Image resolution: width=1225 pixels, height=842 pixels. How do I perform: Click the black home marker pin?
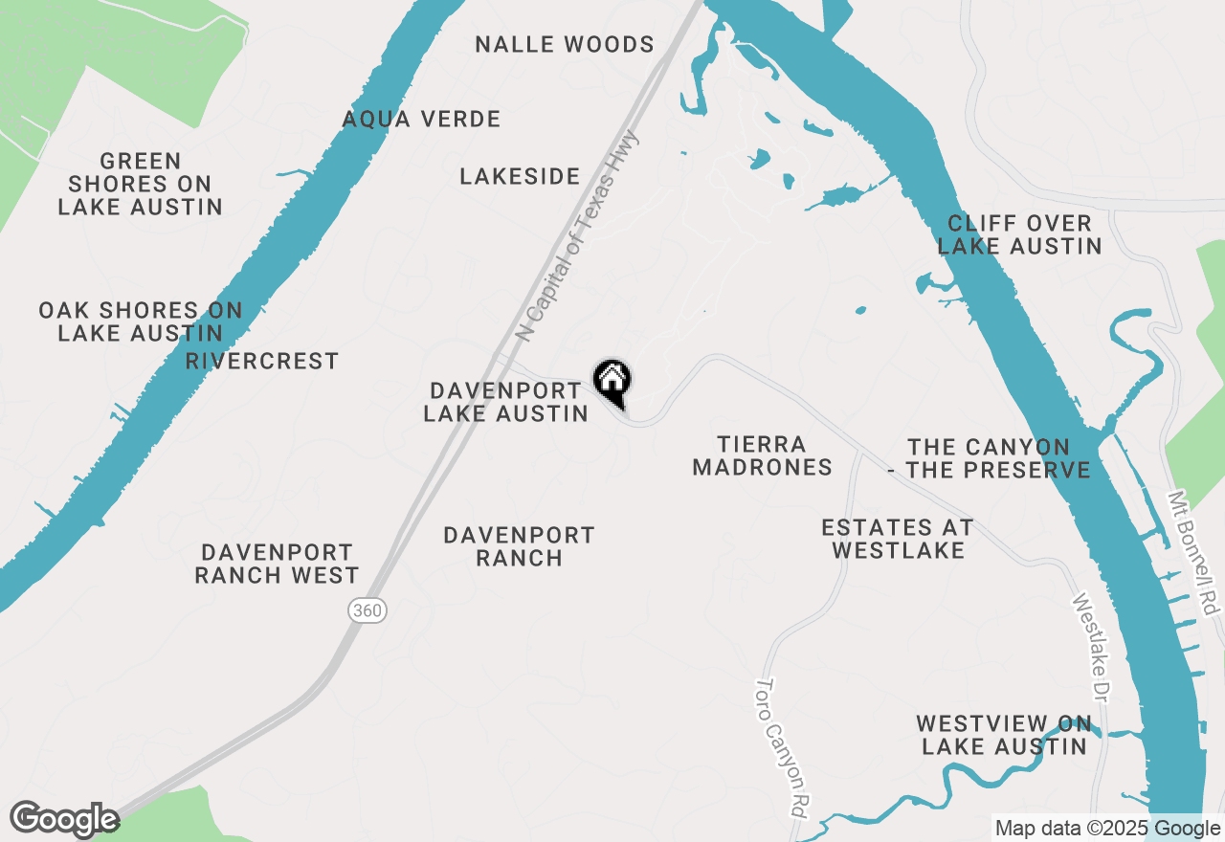tap(612, 382)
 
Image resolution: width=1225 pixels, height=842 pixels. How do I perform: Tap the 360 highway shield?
tap(367, 609)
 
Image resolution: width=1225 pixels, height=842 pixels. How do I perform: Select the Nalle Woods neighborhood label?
tap(565, 44)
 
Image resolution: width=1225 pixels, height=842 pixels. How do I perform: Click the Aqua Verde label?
tap(422, 120)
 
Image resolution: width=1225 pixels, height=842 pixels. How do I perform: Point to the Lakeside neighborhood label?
tap(520, 176)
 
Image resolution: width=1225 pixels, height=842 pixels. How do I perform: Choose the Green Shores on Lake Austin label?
tap(141, 184)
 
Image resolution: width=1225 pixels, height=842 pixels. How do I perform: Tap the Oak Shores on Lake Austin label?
tap(141, 321)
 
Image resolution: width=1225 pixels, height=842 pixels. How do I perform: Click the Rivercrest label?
tap(262, 361)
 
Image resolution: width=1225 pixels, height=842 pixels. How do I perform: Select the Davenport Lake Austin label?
tap(505, 402)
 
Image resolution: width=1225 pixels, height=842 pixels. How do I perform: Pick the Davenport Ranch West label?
tap(277, 564)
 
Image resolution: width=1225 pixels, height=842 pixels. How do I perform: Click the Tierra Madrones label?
tap(763, 455)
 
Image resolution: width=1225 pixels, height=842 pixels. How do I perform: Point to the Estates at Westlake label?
tap(898, 539)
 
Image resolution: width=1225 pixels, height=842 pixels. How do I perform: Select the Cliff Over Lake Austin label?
tap(1019, 234)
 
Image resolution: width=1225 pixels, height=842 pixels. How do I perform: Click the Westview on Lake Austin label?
tap(1004, 735)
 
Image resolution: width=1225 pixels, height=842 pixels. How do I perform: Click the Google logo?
tap(64, 820)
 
